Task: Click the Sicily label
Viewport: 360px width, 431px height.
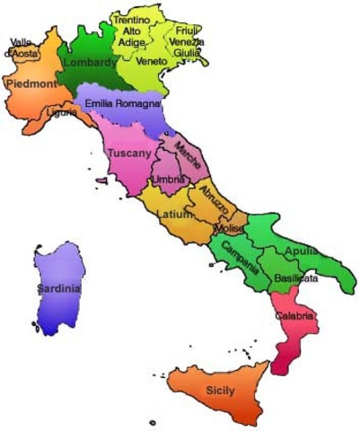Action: click(220, 391)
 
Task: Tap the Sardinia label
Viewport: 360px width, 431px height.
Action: click(59, 289)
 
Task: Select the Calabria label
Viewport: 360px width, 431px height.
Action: click(294, 316)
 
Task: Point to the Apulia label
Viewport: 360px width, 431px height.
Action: click(301, 251)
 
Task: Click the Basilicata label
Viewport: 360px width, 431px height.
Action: click(297, 278)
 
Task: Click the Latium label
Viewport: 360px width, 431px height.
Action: click(173, 215)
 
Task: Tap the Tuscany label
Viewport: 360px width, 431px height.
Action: click(128, 154)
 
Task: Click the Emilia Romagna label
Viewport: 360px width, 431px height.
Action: click(123, 104)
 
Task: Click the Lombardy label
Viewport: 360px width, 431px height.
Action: click(91, 63)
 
